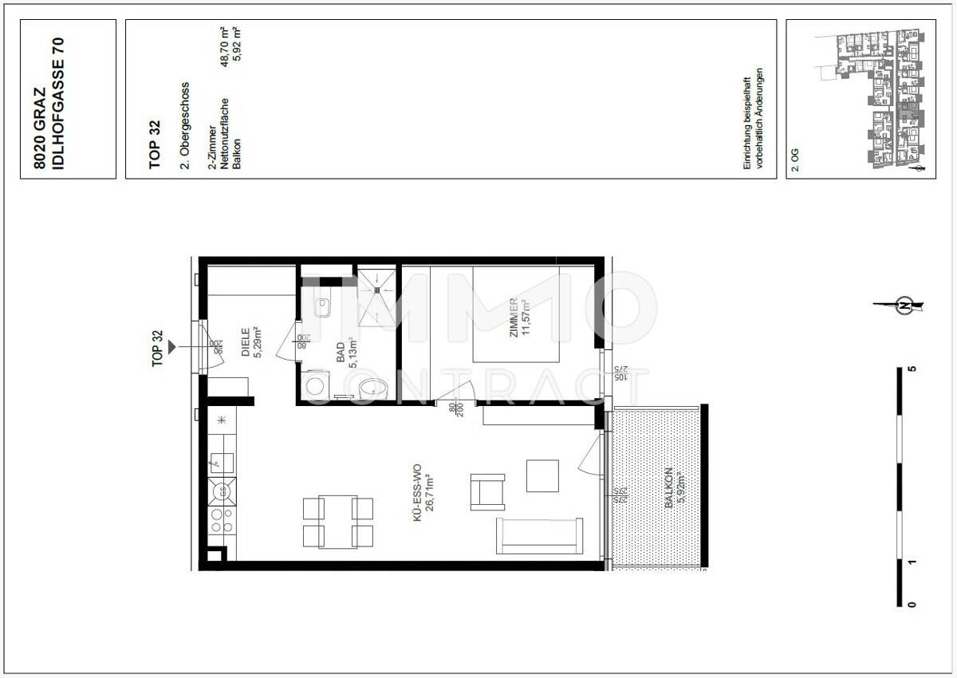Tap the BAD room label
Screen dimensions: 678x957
point(339,353)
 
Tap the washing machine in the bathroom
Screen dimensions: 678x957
point(317,386)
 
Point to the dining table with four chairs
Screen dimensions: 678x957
point(338,521)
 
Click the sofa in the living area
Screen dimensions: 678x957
point(538,535)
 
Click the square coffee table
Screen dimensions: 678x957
point(543,476)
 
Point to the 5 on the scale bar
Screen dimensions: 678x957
point(912,370)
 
